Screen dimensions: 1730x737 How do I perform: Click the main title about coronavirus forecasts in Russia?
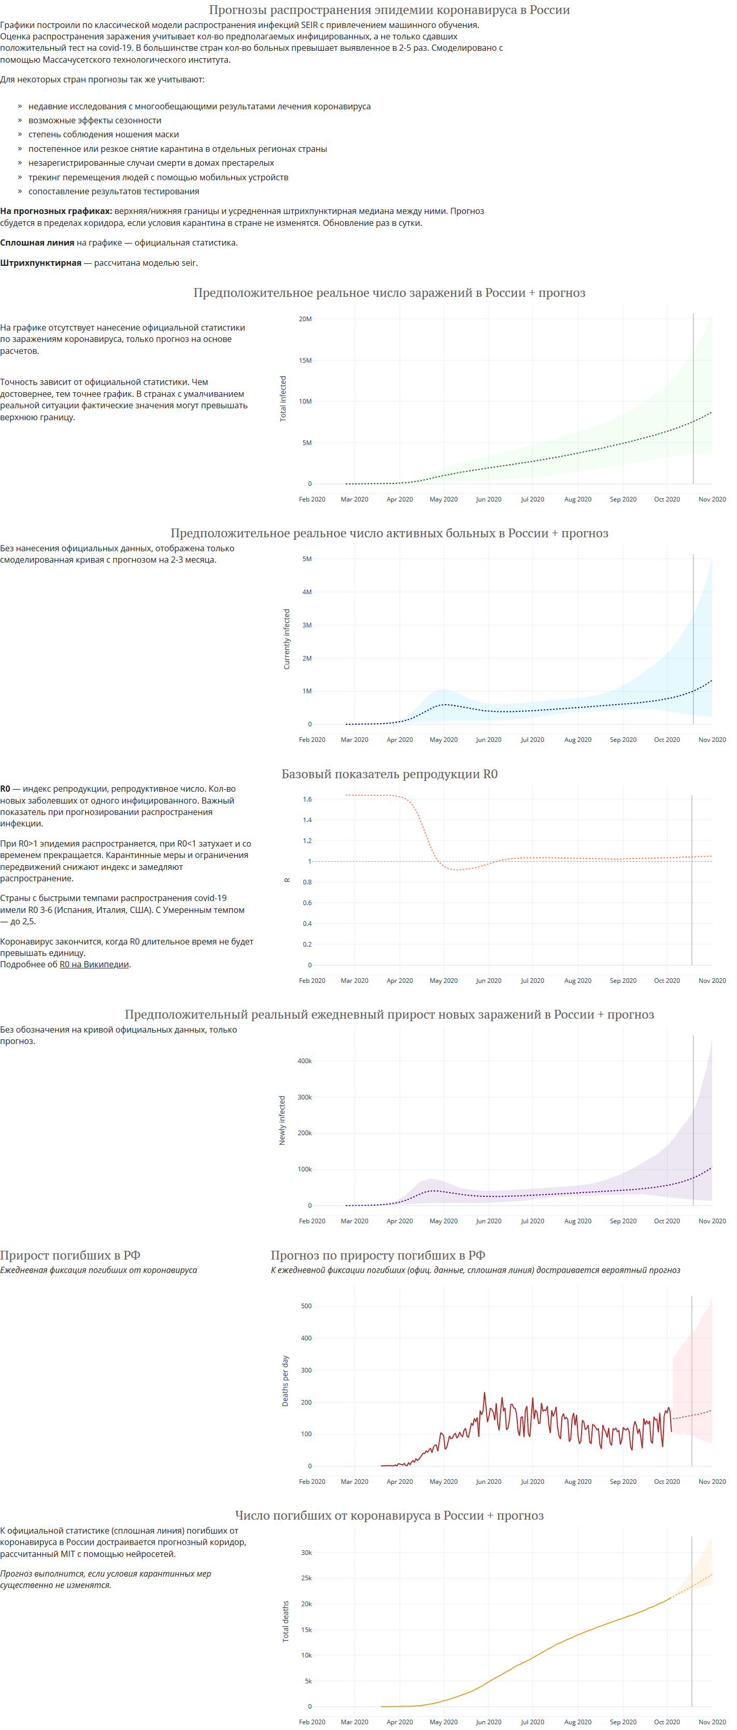pos(389,10)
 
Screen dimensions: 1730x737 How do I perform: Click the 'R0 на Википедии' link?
pos(94,964)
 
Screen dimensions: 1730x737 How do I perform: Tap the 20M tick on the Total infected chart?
pos(305,319)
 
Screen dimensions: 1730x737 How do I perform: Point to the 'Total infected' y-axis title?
pos(283,398)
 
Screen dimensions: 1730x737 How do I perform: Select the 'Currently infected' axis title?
pos(287,639)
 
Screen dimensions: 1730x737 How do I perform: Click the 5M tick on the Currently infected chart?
pos(306,559)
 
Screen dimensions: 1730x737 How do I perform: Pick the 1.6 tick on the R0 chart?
pos(307,799)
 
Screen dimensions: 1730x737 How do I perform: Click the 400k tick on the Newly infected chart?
pos(304,1061)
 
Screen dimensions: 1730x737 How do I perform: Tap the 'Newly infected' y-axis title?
pos(282,1120)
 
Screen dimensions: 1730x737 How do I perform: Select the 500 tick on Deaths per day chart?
pos(306,1306)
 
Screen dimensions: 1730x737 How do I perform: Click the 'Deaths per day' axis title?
pos(285,1381)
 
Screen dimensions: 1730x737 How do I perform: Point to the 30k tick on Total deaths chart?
pos(306,1553)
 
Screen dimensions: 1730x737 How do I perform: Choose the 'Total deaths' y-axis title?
pos(286,1622)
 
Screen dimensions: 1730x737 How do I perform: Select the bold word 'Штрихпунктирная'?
pos(41,263)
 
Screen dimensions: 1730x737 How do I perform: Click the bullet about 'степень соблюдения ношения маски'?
pos(104,134)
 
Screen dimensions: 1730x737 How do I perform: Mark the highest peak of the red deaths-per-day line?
pos(485,1393)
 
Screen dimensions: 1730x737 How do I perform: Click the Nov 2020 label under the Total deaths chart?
pos(712,1722)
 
